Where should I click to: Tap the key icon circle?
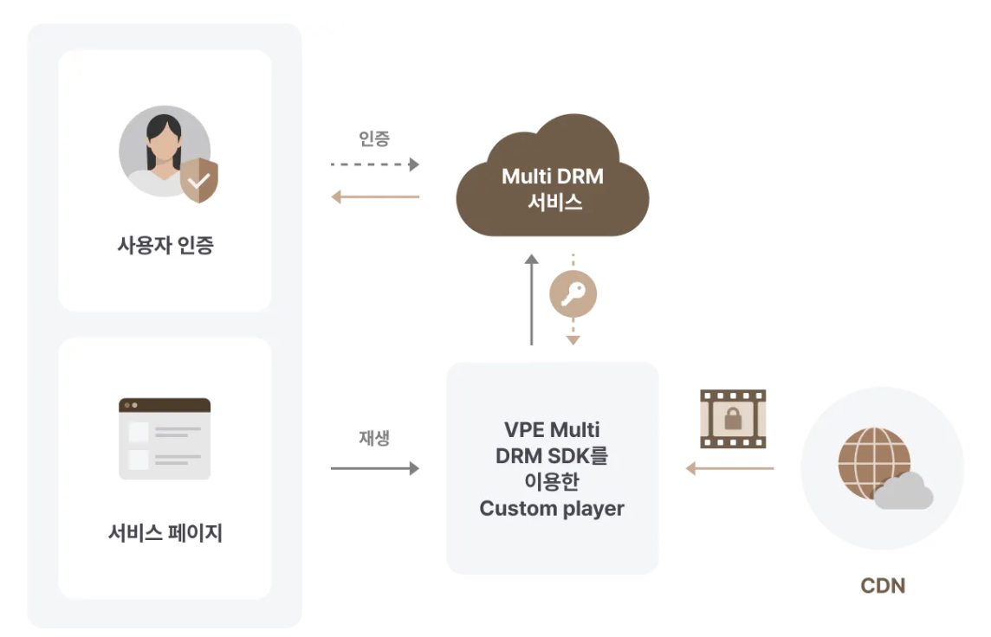[573, 296]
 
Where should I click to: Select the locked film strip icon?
[733, 419]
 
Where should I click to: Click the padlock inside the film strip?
[733, 420]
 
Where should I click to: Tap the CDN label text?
[883, 586]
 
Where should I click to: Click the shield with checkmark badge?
[199, 181]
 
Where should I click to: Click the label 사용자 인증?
[165, 245]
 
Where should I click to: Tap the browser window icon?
[165, 439]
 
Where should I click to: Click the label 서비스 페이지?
[165, 533]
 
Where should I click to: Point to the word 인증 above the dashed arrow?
[374, 138]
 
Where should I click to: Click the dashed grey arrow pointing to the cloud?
[374, 164]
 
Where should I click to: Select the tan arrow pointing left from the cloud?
[374, 197]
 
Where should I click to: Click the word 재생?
[374, 438]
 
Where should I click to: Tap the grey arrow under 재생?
[374, 468]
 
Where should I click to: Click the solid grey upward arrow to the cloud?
[532, 299]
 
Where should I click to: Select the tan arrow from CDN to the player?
[729, 468]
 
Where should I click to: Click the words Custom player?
[552, 508]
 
